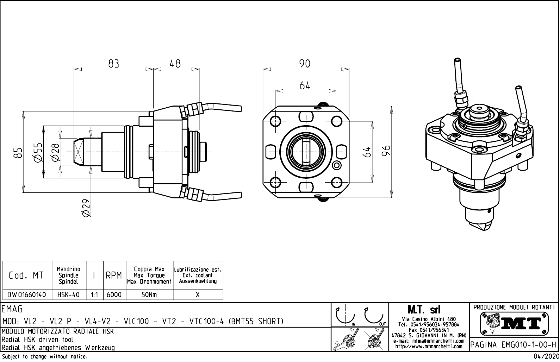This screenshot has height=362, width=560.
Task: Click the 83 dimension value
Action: click(113, 63)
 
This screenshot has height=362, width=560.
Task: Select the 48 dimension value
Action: click(175, 63)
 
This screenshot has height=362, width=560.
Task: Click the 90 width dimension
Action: click(305, 63)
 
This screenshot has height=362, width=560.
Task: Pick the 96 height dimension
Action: click(386, 151)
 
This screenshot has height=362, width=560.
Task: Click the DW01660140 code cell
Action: click(27, 295)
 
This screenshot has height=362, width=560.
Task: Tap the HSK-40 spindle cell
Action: click(68, 295)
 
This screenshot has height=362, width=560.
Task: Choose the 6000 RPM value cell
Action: click(114, 295)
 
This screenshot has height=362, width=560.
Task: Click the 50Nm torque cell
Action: click(149, 295)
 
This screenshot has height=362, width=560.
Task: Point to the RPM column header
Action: click(114, 275)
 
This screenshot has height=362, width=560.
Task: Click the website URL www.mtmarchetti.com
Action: click(429, 347)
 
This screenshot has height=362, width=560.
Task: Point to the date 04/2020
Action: click(545, 357)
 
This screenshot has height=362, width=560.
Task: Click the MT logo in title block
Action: click(514, 322)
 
